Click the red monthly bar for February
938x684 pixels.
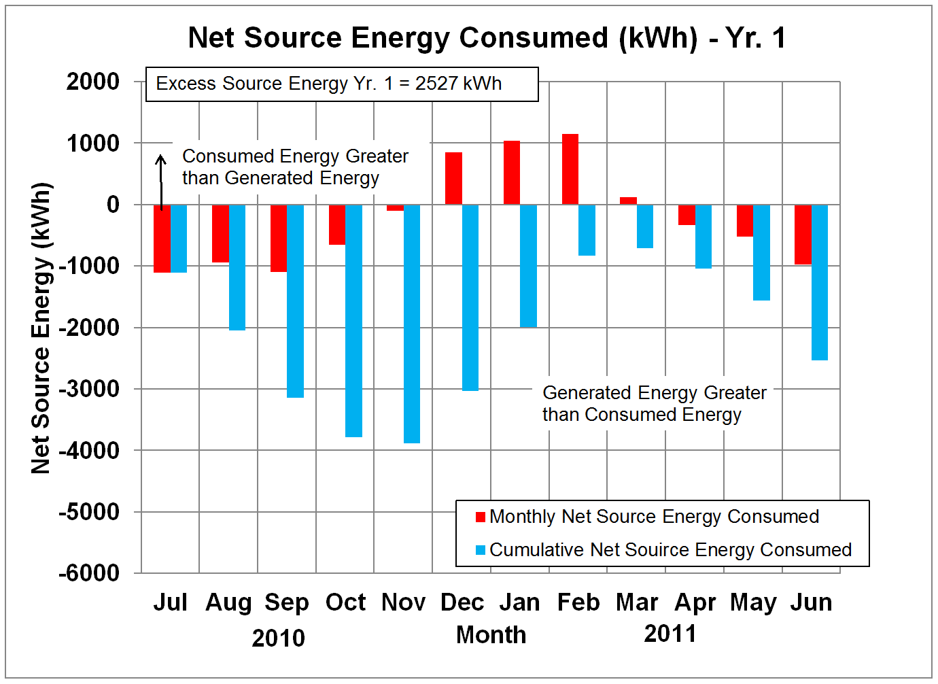point(570,169)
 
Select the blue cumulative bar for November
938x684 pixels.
point(411,324)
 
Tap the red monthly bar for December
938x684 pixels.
point(453,178)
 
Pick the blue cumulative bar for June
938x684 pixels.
point(820,282)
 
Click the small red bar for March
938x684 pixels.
point(629,201)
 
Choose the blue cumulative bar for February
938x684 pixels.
point(587,230)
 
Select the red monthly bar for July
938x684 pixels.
point(162,238)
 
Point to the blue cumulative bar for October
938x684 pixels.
point(353,320)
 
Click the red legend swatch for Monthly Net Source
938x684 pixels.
point(481,517)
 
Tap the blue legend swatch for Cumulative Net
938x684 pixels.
point(481,550)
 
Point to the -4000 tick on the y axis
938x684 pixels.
point(89,450)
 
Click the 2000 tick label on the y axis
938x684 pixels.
point(93,82)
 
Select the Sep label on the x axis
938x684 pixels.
point(287,602)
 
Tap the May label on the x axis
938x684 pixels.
point(753,602)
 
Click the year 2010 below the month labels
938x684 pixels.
point(279,638)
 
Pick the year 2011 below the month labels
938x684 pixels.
point(670,634)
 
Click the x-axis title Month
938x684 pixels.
point(491,634)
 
